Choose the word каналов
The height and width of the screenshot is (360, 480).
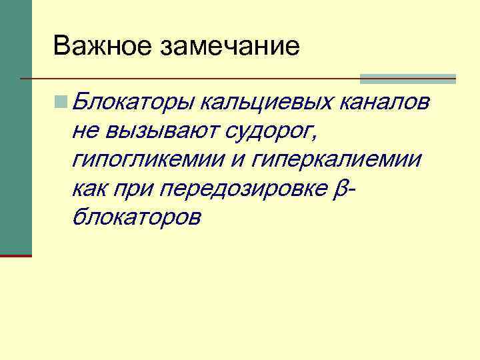[385, 103]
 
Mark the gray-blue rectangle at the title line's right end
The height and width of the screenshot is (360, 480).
[407, 79]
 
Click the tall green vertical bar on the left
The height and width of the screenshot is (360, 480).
[15, 127]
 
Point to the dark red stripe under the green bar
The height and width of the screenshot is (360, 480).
[15, 255]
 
